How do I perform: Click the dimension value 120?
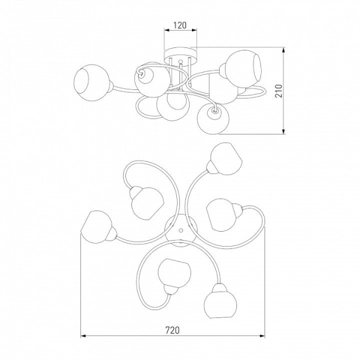point(180,25)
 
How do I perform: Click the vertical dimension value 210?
point(278,91)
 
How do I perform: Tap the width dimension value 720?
point(172,330)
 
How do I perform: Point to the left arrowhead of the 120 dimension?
point(166,30)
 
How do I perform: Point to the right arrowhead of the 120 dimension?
point(194,30)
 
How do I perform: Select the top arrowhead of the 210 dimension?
point(284,50)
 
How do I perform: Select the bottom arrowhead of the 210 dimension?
point(284,131)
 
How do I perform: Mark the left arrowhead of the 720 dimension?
point(83,336)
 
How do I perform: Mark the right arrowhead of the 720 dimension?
point(262,336)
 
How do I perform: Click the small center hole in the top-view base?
point(181,230)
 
